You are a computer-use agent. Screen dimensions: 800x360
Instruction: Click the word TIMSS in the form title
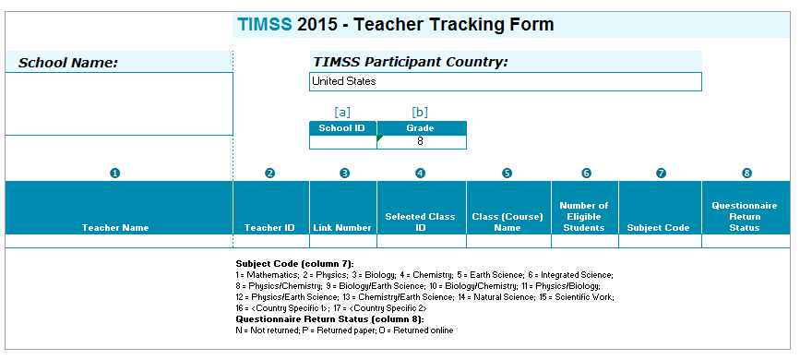coord(265,24)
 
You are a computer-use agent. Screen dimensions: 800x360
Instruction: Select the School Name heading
coord(68,63)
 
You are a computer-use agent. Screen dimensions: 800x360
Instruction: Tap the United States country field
coord(505,82)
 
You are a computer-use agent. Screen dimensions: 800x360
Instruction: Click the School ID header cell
coord(343,128)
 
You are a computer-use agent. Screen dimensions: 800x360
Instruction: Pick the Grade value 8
coord(420,142)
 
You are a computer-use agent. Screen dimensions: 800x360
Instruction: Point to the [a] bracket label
coord(342,112)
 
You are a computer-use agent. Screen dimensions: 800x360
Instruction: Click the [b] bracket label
coord(420,112)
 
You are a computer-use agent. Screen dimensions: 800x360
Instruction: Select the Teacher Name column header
coord(115,228)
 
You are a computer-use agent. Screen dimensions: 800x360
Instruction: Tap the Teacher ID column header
coord(269,228)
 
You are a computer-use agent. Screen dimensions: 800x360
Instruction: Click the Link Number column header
coord(342,228)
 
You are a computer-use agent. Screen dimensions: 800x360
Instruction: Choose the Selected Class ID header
coord(420,222)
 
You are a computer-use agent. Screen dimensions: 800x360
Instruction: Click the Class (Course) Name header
coord(507,222)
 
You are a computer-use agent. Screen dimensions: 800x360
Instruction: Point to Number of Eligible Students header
coord(584,217)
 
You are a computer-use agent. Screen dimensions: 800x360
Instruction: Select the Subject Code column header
coord(658,228)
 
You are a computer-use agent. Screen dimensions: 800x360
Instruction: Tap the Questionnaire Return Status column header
coord(745,217)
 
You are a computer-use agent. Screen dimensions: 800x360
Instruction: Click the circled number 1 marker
coord(115,174)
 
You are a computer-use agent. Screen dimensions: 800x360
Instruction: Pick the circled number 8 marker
coord(746,174)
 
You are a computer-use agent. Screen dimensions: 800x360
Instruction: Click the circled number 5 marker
coord(507,174)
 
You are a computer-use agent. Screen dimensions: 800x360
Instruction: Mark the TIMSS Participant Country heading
coord(411,62)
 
